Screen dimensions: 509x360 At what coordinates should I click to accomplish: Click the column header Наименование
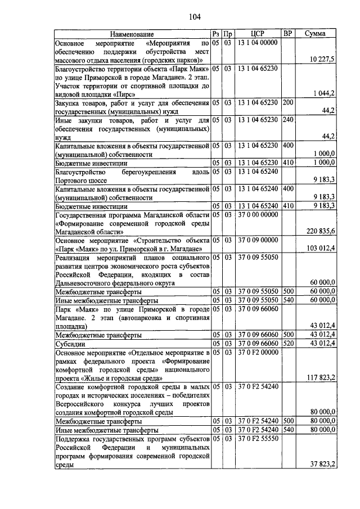click(132, 34)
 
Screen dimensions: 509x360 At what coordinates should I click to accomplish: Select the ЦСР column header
click(256, 34)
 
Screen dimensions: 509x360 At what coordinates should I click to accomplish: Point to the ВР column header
click(288, 34)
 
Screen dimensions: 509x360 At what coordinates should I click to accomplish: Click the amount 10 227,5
click(323, 59)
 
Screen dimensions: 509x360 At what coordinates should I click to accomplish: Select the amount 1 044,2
click(324, 93)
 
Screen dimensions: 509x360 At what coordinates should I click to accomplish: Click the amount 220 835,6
click(321, 231)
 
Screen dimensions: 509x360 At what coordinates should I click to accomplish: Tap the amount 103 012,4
click(321, 248)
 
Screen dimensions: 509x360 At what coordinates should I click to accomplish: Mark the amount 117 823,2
click(321, 377)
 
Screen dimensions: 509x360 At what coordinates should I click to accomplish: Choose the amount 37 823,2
click(323, 464)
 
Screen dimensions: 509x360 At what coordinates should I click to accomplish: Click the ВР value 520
click(288, 343)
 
